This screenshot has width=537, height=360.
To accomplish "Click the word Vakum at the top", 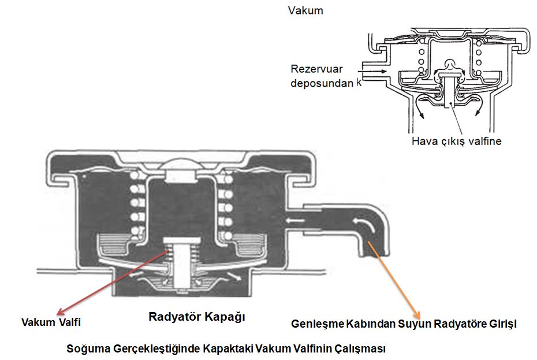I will click(x=306, y=10).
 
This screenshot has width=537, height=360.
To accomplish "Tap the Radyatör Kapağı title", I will click(x=197, y=317).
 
